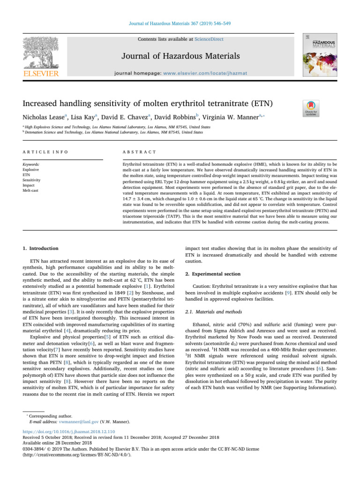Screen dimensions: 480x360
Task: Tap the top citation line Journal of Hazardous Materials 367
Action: (180, 23)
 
